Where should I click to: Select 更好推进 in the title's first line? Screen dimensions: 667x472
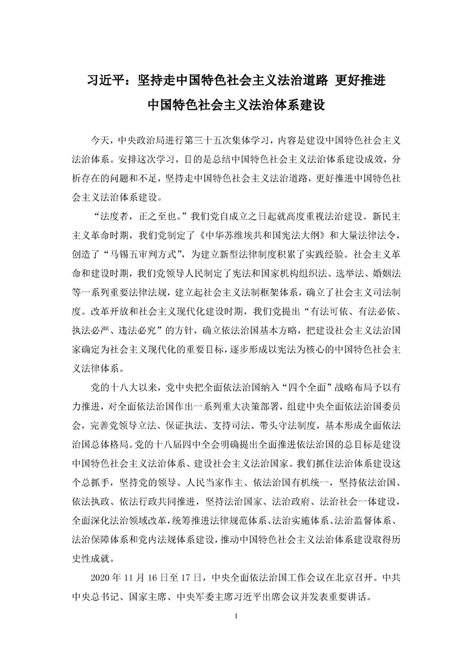click(362, 80)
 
